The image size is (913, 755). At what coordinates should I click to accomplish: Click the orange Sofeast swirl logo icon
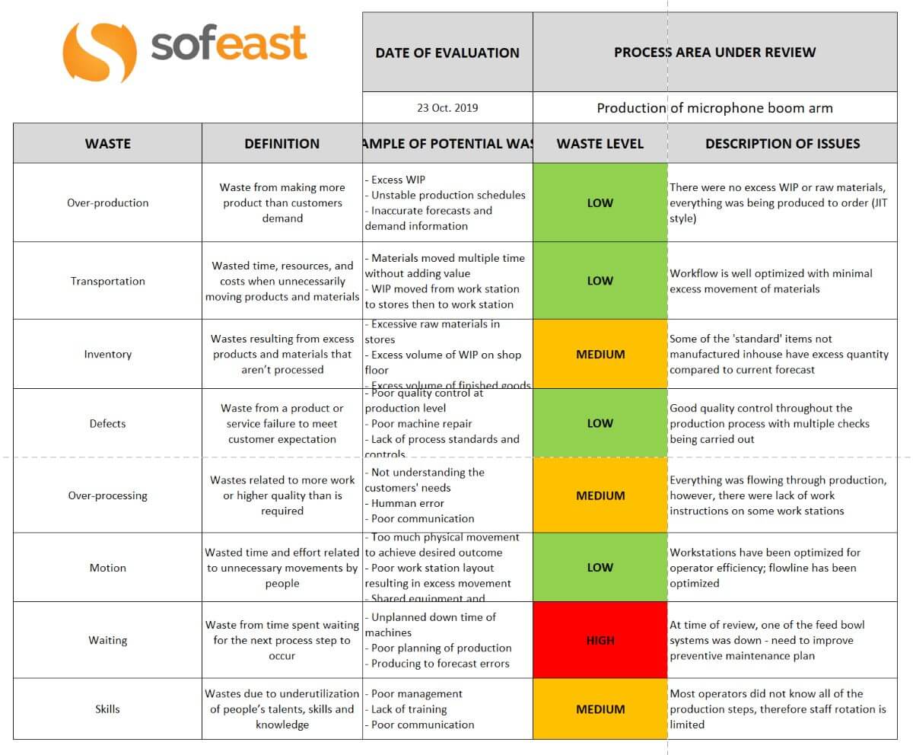pos(99,52)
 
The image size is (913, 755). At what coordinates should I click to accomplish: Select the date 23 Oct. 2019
pos(447,107)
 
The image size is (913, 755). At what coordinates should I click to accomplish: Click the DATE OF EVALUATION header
pos(447,53)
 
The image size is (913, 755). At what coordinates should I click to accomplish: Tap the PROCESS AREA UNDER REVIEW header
pos(714,53)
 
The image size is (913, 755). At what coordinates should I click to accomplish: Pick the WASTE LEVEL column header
pos(600,143)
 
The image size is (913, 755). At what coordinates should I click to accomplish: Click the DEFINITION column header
pos(282,143)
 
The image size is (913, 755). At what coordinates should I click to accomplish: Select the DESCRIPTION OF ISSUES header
pos(782,143)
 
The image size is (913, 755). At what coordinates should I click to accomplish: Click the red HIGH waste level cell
pos(600,640)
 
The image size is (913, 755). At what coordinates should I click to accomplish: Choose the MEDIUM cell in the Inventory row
pos(600,354)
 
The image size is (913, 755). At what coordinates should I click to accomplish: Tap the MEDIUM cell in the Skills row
pos(600,709)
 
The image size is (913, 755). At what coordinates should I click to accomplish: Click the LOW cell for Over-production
pos(600,203)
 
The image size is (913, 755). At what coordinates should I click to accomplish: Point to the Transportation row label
pos(107,281)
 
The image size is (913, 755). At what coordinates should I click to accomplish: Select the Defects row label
pos(107,423)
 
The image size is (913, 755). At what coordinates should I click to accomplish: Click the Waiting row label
pos(107,640)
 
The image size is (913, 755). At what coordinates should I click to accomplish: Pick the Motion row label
pos(107,568)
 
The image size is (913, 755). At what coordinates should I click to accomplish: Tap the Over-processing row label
pos(107,495)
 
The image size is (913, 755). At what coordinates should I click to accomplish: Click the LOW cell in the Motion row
pos(600,568)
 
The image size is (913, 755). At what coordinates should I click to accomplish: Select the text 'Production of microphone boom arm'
pos(714,107)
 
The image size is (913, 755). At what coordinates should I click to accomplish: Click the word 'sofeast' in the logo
pos(228,43)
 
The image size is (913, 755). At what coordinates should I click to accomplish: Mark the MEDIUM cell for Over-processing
pos(600,495)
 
